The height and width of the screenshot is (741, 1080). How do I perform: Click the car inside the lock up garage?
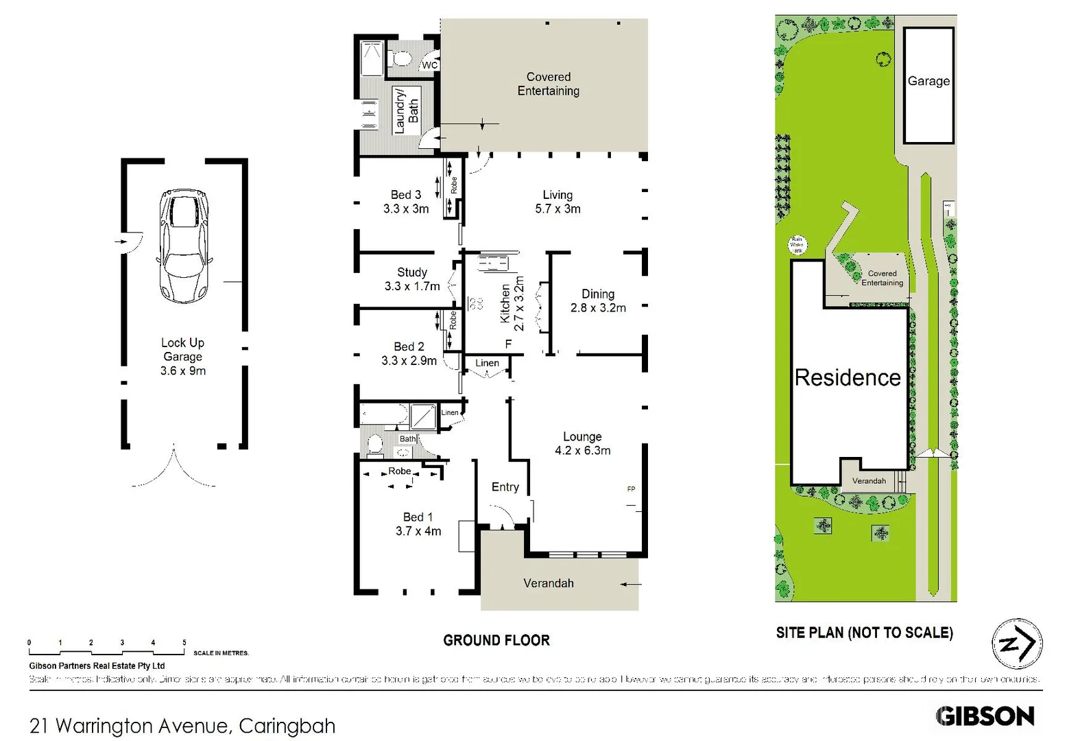pos(184,246)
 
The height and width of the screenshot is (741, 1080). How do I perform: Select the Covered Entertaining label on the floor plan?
pos(548,84)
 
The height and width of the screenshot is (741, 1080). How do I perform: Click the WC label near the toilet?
pos(429,65)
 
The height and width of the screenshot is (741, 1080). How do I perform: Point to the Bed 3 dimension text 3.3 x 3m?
pos(406,209)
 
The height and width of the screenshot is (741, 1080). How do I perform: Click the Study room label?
pos(411,272)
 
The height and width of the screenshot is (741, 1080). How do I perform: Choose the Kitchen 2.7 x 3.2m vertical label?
pos(512,304)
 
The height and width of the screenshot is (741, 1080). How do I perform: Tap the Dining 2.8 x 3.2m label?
pos(598,301)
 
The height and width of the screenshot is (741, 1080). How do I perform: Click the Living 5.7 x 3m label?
pos(557,202)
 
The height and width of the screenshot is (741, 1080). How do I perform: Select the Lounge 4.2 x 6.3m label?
pos(582,443)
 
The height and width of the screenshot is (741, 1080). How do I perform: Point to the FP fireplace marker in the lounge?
pos(631,489)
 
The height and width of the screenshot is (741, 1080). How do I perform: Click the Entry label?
pos(505,486)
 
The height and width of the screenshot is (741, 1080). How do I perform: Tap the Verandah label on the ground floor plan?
pos(548,583)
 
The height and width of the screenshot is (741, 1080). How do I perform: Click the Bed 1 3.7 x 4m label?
pos(418,524)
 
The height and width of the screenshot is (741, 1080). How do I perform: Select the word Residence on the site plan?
pos(848,377)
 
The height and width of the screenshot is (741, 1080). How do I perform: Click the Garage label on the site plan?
pos(928,81)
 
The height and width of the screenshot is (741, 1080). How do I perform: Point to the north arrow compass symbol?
pos(1017,644)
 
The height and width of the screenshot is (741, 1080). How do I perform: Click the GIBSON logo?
pos(985,716)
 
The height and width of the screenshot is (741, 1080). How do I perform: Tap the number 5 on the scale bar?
pos(184,643)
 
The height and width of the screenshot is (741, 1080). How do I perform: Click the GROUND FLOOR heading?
pos(496,640)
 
